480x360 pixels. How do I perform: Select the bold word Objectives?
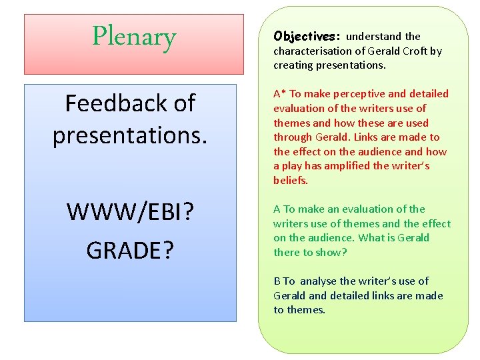click(307, 36)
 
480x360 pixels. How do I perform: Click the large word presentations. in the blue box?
click(130, 135)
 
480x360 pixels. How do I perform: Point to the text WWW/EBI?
click(130, 213)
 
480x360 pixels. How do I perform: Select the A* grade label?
click(279, 94)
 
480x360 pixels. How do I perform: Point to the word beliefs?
click(290, 181)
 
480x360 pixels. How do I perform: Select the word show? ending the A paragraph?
click(333, 253)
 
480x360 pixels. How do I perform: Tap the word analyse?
click(318, 281)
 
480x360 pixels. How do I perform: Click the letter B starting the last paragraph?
click(277, 281)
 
